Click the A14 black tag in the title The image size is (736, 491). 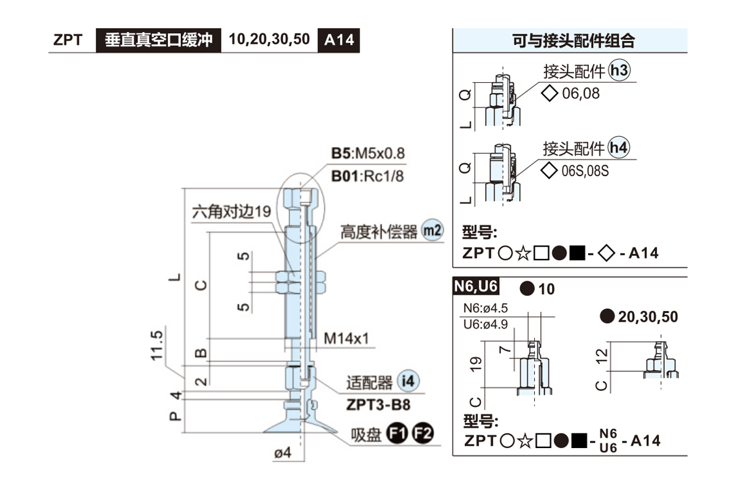pyautogui.click(x=339, y=40)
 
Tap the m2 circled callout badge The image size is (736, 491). pyautogui.click(x=432, y=231)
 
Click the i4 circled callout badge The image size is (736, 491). pyautogui.click(x=407, y=381)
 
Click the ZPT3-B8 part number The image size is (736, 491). pyautogui.click(x=378, y=405)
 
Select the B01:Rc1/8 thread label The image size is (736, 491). pyautogui.click(x=368, y=176)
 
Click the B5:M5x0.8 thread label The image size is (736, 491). pyautogui.click(x=368, y=153)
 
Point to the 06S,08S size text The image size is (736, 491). pyautogui.click(x=585, y=171)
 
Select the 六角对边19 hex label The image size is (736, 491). pyautogui.click(x=231, y=212)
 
